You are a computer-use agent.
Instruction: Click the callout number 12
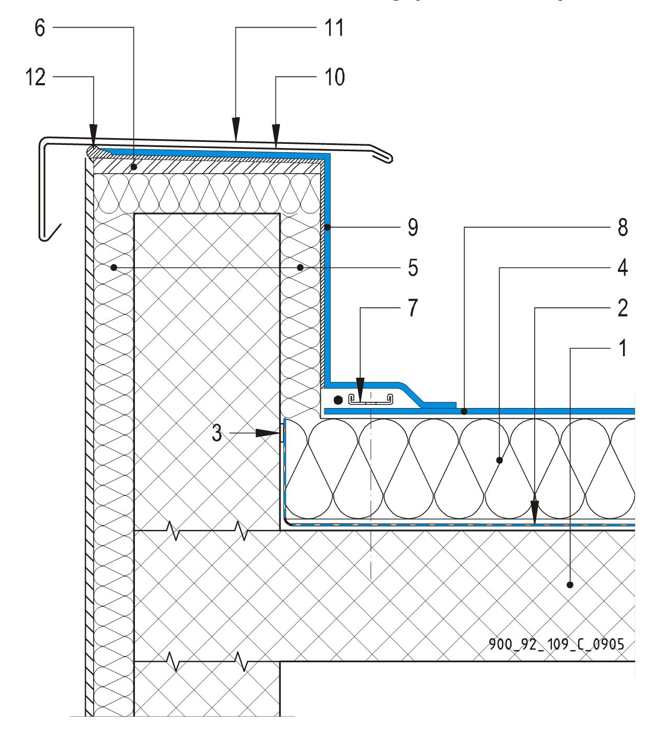pyautogui.click(x=36, y=77)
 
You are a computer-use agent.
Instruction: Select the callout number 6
pyautogui.click(x=40, y=28)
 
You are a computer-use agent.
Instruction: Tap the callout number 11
pyautogui.click(x=334, y=28)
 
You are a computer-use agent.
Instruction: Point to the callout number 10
pyautogui.click(x=334, y=77)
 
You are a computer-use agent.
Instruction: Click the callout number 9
pyautogui.click(x=413, y=228)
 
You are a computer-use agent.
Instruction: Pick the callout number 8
pyautogui.click(x=622, y=228)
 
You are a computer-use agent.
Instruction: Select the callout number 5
pyautogui.click(x=413, y=268)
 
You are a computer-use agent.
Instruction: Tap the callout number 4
pyautogui.click(x=622, y=268)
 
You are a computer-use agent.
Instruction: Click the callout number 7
pyautogui.click(x=413, y=308)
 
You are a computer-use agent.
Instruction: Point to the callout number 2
pyautogui.click(x=622, y=308)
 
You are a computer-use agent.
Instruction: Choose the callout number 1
pyautogui.click(x=623, y=348)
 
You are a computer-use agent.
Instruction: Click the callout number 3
pyautogui.click(x=217, y=433)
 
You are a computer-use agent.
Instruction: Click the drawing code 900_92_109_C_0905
pyautogui.click(x=556, y=644)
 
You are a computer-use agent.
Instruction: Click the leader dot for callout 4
pyautogui.click(x=500, y=460)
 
